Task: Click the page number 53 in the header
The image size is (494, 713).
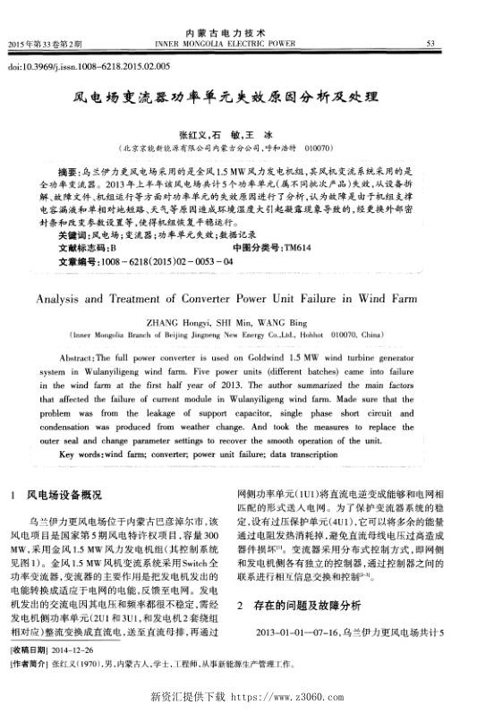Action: click(430, 43)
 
